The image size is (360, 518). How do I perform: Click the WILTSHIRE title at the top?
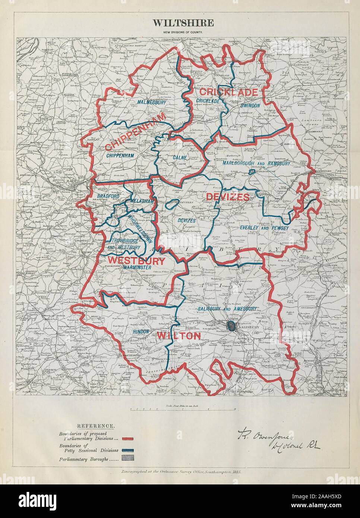tap(183, 23)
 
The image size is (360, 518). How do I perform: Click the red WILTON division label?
tap(179, 336)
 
